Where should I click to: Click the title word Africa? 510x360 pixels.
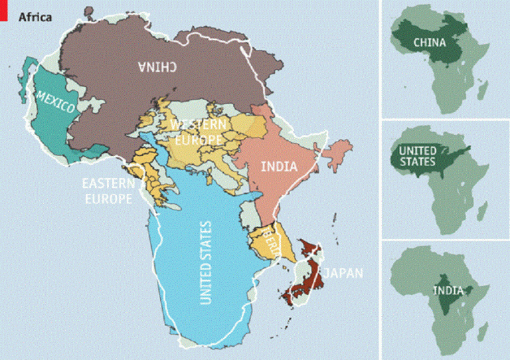click(34, 17)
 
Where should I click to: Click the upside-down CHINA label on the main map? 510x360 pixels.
click(157, 66)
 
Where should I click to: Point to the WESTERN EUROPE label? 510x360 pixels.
click(199, 132)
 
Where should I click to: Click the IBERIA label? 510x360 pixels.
click(273, 241)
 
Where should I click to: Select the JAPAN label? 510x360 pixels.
click(344, 272)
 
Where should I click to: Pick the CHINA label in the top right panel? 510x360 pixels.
click(429, 43)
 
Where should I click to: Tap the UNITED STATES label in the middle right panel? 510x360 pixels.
click(417, 157)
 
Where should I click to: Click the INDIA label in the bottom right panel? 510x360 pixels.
click(445, 290)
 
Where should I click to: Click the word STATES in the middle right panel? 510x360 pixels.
click(418, 162)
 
